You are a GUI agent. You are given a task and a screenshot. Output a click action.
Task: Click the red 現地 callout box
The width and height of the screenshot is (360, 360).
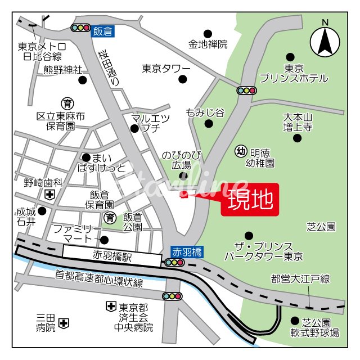click(x=250, y=200)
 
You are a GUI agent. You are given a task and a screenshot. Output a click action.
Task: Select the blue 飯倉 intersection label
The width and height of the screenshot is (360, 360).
click(x=103, y=31)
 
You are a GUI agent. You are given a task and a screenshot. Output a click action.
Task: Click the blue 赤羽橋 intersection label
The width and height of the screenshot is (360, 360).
click(x=185, y=251)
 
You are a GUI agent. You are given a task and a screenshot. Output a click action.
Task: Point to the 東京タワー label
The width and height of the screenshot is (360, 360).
click(x=166, y=69)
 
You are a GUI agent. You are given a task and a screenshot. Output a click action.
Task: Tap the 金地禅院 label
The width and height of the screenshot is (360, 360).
click(x=208, y=44)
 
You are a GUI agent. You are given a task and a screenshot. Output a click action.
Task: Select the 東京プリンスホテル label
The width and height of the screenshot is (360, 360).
click(x=293, y=73)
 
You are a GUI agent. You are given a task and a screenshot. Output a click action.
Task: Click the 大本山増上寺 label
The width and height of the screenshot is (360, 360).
click(x=298, y=122)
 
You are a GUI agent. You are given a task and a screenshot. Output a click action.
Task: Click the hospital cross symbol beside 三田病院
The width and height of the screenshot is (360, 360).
click(x=64, y=323)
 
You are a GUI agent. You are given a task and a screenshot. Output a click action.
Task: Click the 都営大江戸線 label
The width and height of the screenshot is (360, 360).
click(x=300, y=278)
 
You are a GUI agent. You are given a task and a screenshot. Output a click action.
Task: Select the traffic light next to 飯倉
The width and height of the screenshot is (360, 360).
click(x=80, y=28)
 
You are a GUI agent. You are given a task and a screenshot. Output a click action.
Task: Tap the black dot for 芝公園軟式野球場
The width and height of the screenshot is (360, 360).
click(x=295, y=321)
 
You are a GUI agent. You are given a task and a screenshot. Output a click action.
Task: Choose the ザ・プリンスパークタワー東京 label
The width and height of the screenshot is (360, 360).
click(x=264, y=251)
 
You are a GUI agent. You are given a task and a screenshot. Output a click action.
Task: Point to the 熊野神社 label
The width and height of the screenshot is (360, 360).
click(x=62, y=70)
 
